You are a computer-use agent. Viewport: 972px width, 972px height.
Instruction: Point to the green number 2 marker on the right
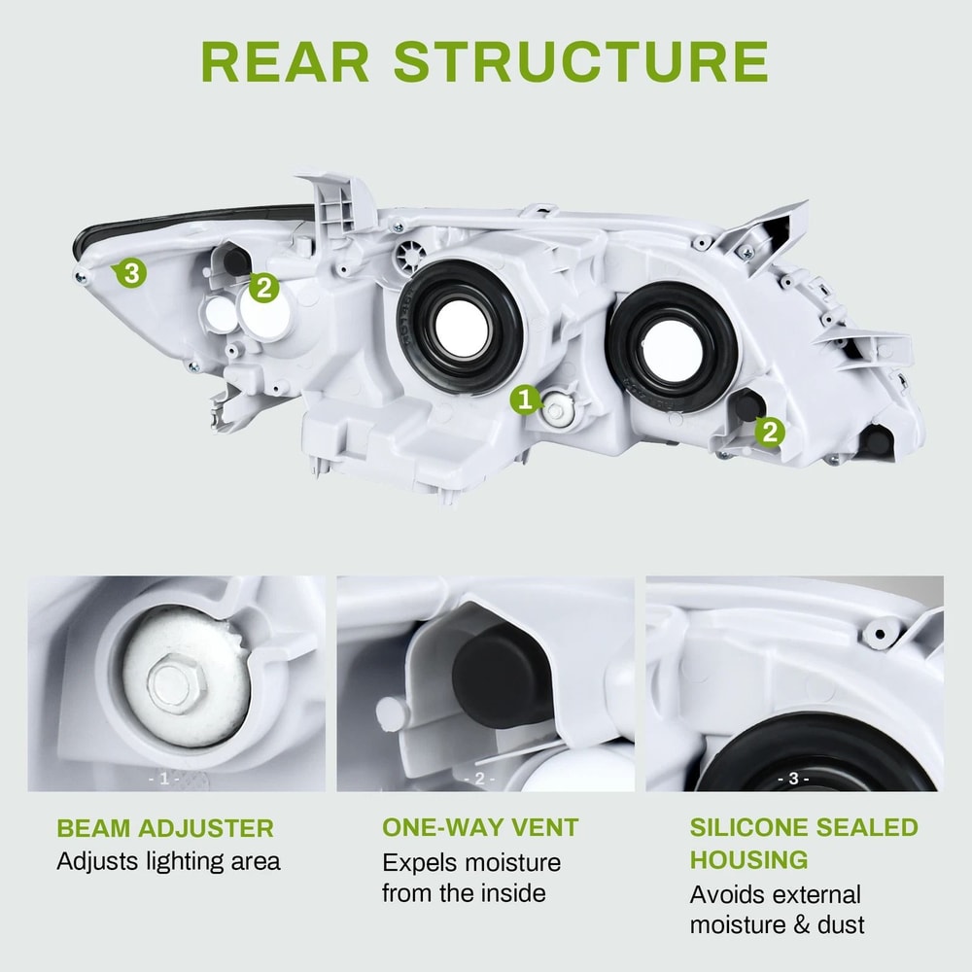(770, 432)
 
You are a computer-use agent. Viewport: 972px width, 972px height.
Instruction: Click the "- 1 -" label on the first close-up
(163, 779)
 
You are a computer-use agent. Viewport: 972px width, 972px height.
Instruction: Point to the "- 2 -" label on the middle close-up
(479, 779)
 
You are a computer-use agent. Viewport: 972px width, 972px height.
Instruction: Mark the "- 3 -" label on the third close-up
(793, 779)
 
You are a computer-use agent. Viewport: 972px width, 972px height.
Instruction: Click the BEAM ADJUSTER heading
(164, 829)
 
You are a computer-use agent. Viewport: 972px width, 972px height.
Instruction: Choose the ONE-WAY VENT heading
(480, 828)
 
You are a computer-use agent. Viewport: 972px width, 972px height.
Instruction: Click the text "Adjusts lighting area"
(168, 861)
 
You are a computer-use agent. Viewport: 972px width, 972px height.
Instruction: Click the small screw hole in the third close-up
(880, 634)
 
